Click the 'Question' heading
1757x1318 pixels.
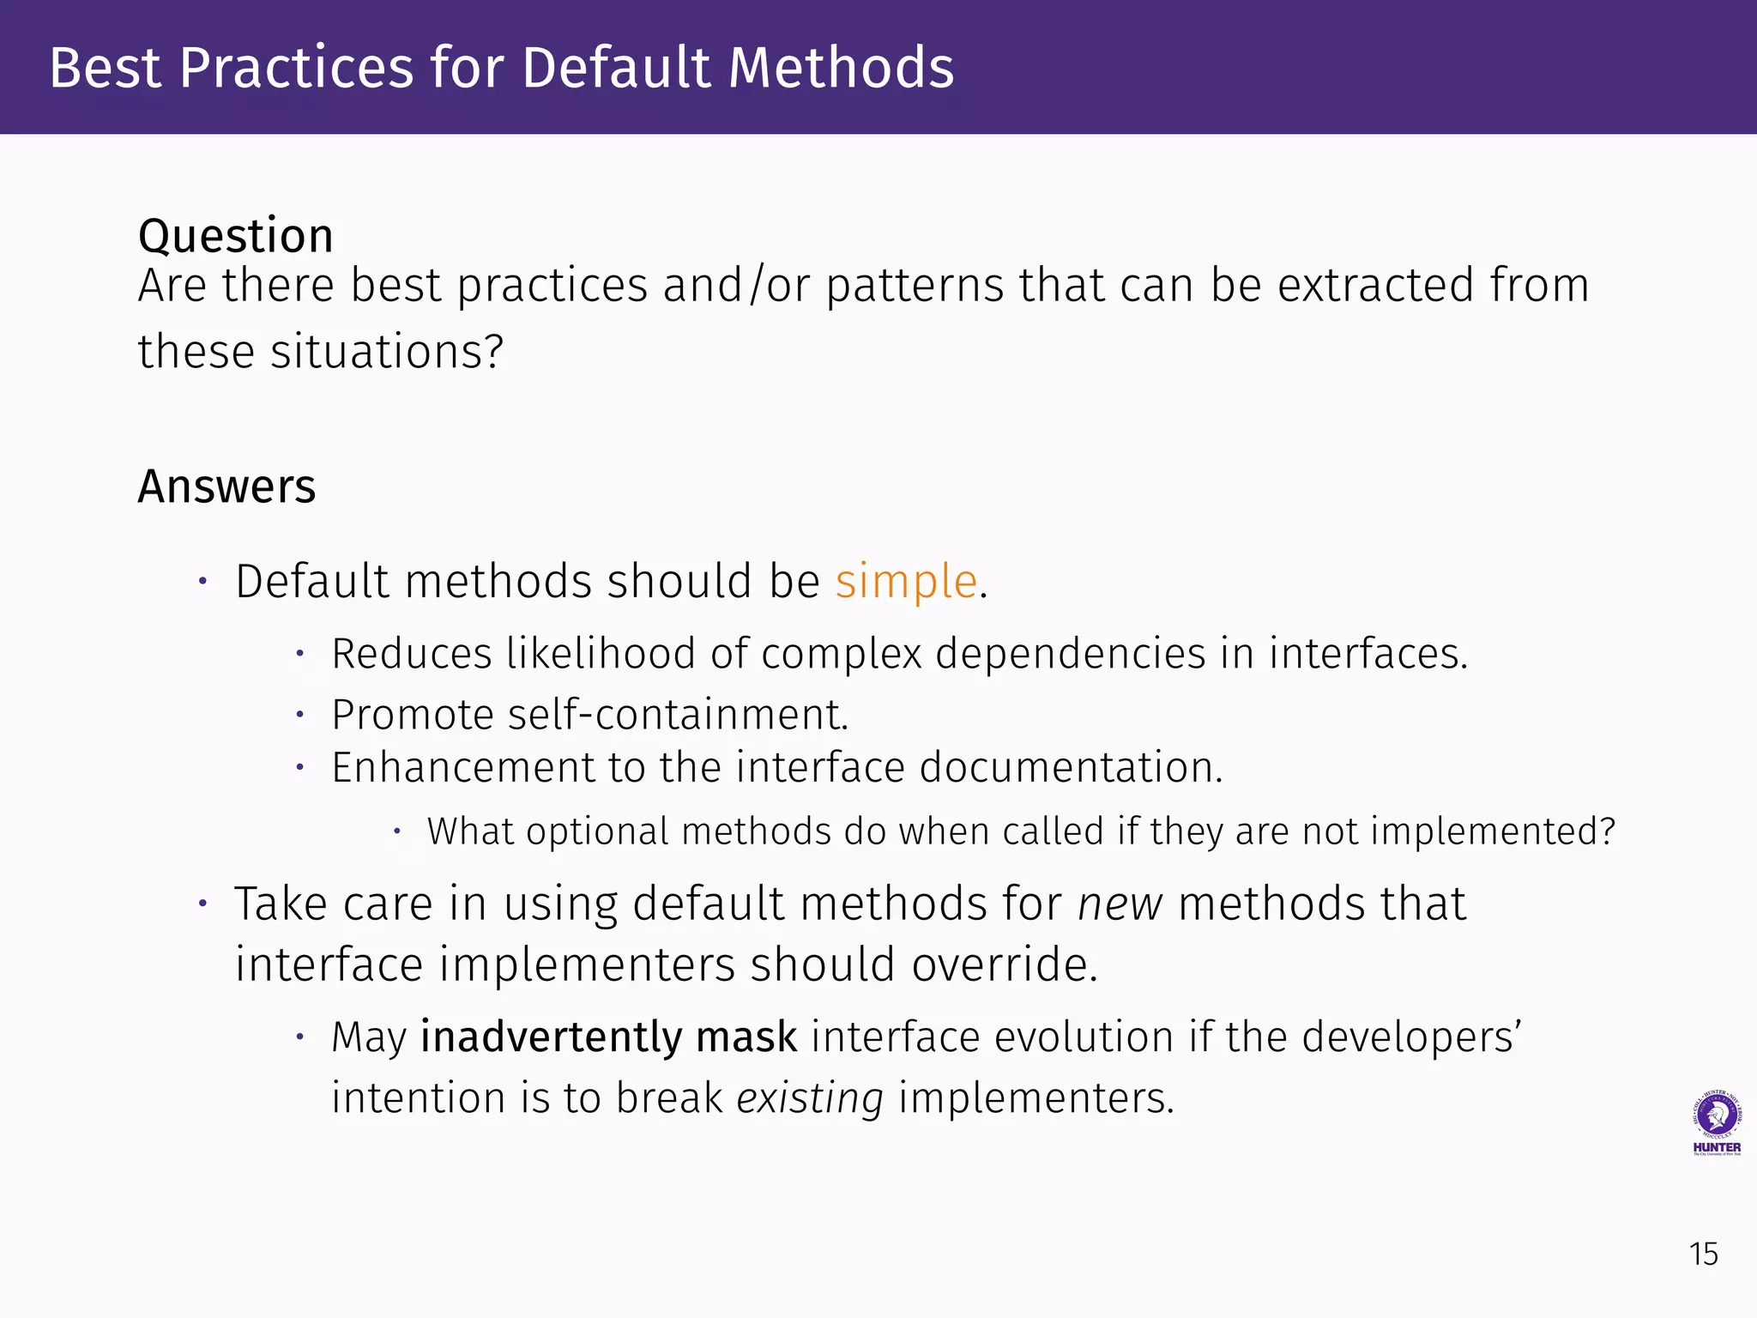(x=235, y=236)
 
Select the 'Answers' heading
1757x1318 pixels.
(x=226, y=487)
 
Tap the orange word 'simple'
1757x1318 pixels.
(x=906, y=582)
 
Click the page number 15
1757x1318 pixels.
(x=1703, y=1255)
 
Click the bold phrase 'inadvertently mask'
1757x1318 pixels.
(x=608, y=1037)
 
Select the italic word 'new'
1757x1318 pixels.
(x=1120, y=904)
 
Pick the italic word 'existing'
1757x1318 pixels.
(x=809, y=1098)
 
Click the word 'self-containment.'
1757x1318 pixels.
(x=678, y=715)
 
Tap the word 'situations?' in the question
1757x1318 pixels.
(x=387, y=352)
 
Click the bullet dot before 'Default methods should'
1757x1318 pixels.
(x=202, y=582)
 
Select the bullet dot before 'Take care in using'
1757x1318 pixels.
(x=202, y=904)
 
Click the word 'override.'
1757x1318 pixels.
(x=1004, y=965)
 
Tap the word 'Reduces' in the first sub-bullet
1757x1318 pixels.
(x=411, y=654)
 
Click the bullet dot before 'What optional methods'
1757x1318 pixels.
(x=397, y=831)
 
